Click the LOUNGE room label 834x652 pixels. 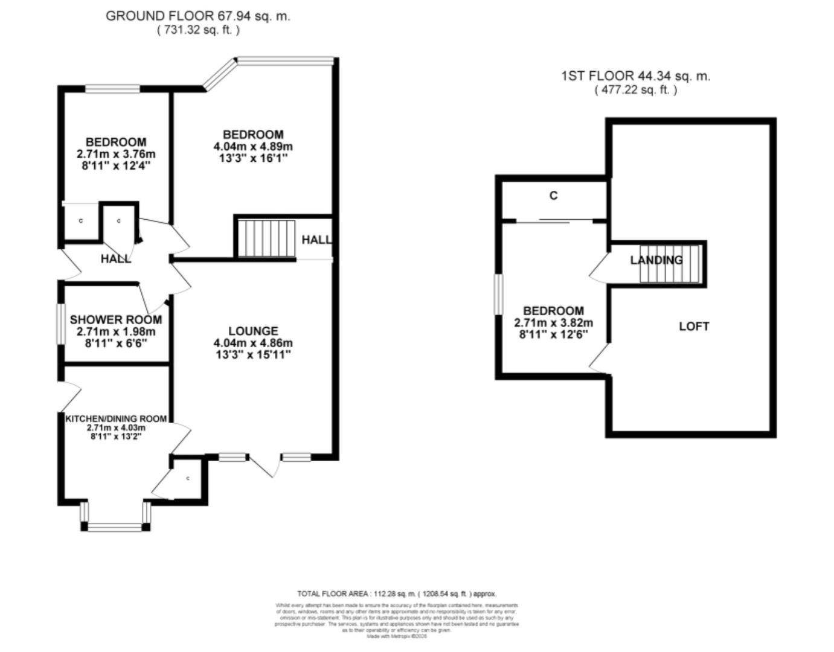pyautogui.click(x=253, y=331)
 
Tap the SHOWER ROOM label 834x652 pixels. pyautogui.click(x=116, y=320)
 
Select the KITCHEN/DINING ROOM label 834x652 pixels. pyautogui.click(x=116, y=418)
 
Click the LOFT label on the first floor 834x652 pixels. pyautogui.click(x=694, y=327)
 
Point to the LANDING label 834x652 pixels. pyautogui.click(x=656, y=260)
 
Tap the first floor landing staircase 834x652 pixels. pyautogui.click(x=670, y=263)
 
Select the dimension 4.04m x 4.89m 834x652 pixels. pyautogui.click(x=253, y=147)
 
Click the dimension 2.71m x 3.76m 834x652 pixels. pyautogui.click(x=116, y=154)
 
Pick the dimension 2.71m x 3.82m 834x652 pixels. pyautogui.click(x=553, y=323)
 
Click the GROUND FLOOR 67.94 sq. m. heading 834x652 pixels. pyautogui.click(x=197, y=16)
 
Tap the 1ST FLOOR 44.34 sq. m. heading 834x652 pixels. pyautogui.click(x=635, y=76)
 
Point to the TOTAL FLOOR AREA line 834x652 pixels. pyautogui.click(x=397, y=594)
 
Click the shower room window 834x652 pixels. pyautogui.click(x=60, y=324)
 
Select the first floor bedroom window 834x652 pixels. pyautogui.click(x=498, y=295)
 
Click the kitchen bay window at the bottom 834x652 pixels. pyautogui.click(x=115, y=526)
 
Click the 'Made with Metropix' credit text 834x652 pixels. pyautogui.click(x=396, y=636)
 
